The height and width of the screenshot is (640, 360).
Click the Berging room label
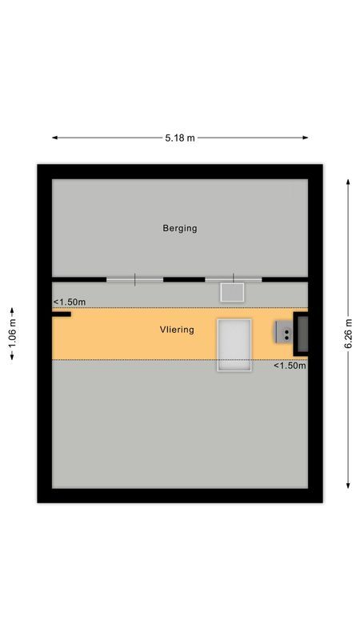coord(179,228)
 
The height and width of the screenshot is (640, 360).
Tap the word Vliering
coord(176,330)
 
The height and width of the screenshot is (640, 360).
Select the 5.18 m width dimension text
coord(180,138)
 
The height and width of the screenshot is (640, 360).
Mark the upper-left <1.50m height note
coord(70,302)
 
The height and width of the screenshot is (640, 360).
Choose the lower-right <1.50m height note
coord(290,366)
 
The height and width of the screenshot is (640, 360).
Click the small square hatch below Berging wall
coord(232,291)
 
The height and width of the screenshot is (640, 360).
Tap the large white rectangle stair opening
coord(234,345)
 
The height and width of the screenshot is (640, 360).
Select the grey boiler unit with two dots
coord(284,332)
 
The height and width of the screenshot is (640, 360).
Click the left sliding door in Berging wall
coord(134,279)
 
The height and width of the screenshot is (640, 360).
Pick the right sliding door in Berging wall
coord(233,279)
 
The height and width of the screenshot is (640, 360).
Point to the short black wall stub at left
coord(62,314)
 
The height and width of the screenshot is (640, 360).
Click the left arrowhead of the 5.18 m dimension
coord(55,138)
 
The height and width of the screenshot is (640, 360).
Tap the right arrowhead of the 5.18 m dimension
coord(305,138)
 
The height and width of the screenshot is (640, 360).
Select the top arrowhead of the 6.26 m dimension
coord(349,182)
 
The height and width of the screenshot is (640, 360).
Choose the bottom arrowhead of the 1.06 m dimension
coord(11,358)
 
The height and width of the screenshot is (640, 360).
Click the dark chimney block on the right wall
coord(302,334)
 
